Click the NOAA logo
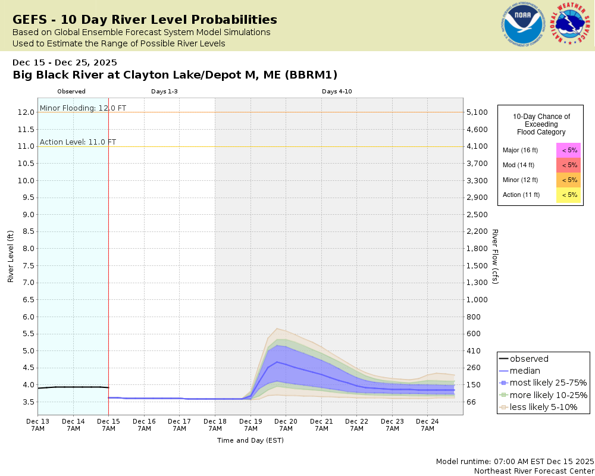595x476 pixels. [x=524, y=26]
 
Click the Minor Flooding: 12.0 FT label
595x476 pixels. [x=83, y=108]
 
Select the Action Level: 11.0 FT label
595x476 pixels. [x=78, y=142]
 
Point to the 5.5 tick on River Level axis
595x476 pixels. [x=26, y=334]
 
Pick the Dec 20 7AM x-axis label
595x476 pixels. [x=286, y=424]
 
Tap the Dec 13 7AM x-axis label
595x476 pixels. [x=37, y=424]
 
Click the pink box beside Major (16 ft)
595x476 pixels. [x=569, y=151]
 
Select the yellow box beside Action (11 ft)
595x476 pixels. [x=569, y=195]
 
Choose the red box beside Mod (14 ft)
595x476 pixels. [x=569, y=165]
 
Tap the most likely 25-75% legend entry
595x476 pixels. [x=543, y=383]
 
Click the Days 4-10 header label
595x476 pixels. [x=337, y=92]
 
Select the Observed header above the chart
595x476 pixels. [x=71, y=92]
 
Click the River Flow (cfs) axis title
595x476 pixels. [x=494, y=256]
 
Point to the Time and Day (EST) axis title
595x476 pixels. [x=250, y=441]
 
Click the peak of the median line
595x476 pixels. [x=277, y=362]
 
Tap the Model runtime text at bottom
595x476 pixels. [x=515, y=462]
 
